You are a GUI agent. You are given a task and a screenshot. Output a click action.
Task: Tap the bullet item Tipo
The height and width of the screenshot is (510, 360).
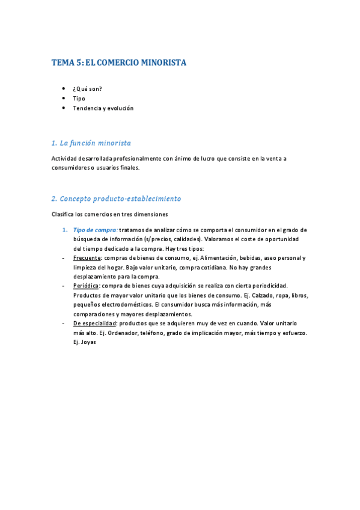click(79, 99)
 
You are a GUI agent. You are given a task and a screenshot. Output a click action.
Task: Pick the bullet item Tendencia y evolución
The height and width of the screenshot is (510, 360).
click(103, 108)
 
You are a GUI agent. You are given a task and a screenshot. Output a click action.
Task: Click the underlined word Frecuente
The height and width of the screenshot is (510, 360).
click(87, 258)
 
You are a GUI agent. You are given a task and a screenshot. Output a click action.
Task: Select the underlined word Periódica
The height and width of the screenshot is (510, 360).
click(86, 286)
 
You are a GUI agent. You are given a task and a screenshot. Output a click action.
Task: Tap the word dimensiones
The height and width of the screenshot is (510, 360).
click(150, 214)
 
